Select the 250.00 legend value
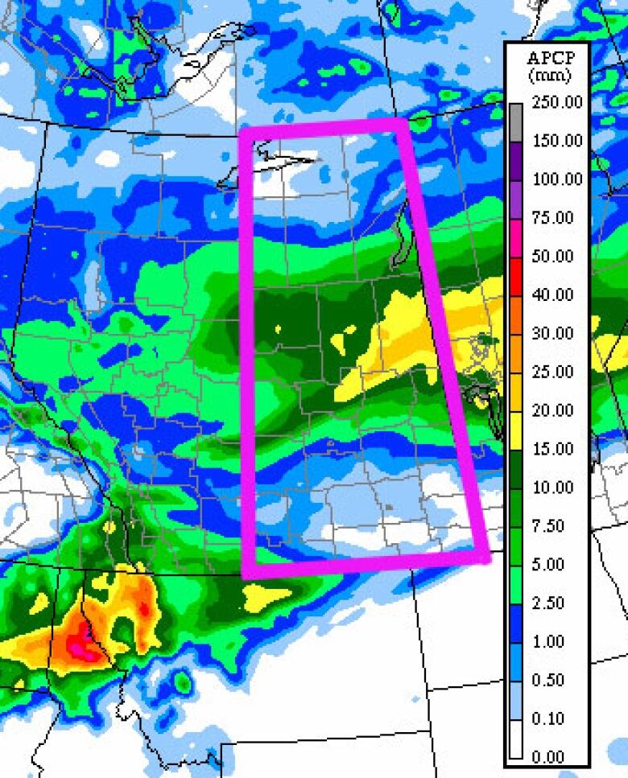(x=557, y=102)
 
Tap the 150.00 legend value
(x=557, y=141)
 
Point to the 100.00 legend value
(x=557, y=179)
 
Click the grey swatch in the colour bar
(x=516, y=121)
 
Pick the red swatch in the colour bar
(x=516, y=276)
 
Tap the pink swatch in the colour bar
(x=516, y=237)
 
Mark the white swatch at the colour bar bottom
(x=516, y=739)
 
